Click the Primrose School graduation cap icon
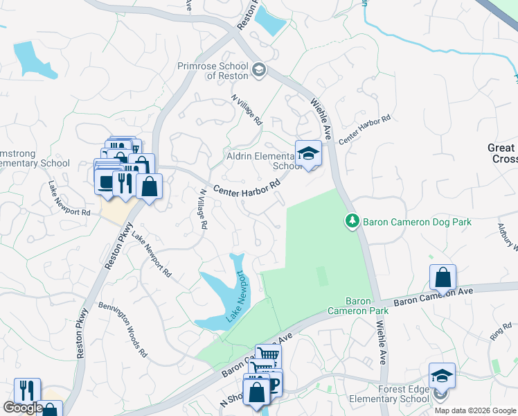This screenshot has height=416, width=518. pos(259,68)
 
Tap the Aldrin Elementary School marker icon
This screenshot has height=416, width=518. pos(307,154)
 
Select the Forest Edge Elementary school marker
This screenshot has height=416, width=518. pos(442,376)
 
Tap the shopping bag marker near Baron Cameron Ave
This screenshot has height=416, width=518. pos(443,277)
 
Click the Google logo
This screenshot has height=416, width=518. pos(22,408)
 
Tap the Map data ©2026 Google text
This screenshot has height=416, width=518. pos(474,410)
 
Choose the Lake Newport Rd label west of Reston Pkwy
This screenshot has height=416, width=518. pos(69,199)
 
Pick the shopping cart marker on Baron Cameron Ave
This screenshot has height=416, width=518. pos(268,356)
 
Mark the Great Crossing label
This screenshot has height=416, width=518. pos(502,153)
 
